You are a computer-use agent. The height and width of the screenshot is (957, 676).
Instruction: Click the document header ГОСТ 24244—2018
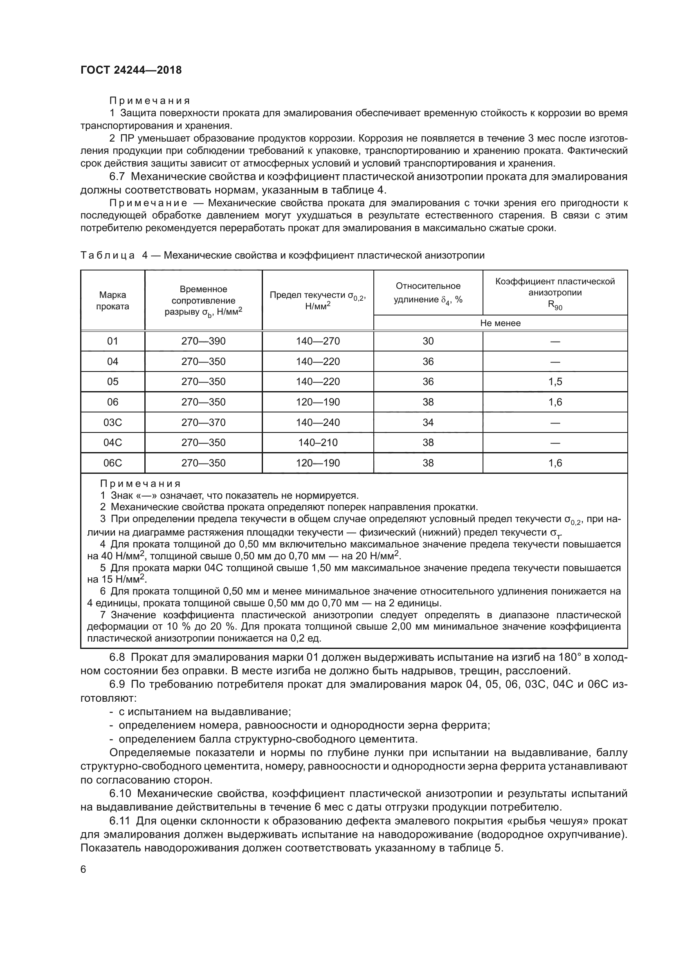click(131, 70)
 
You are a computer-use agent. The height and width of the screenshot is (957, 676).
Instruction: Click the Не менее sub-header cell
click(500, 323)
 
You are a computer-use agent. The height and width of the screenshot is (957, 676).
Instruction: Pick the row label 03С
click(112, 422)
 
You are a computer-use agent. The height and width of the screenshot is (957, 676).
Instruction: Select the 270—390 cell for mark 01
click(203, 341)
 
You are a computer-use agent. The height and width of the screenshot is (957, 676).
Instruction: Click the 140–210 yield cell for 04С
click(318, 442)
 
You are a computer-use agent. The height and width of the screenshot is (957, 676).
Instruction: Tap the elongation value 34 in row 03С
click(428, 422)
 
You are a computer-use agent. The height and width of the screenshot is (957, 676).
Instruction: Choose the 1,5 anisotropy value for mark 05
click(555, 381)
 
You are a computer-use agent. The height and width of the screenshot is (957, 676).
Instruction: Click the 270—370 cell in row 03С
click(203, 422)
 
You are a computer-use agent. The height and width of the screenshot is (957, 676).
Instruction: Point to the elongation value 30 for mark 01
click(428, 341)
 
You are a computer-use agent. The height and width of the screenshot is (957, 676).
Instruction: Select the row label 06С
click(112, 463)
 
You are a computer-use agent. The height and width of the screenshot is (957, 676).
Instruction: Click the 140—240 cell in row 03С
click(318, 422)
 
